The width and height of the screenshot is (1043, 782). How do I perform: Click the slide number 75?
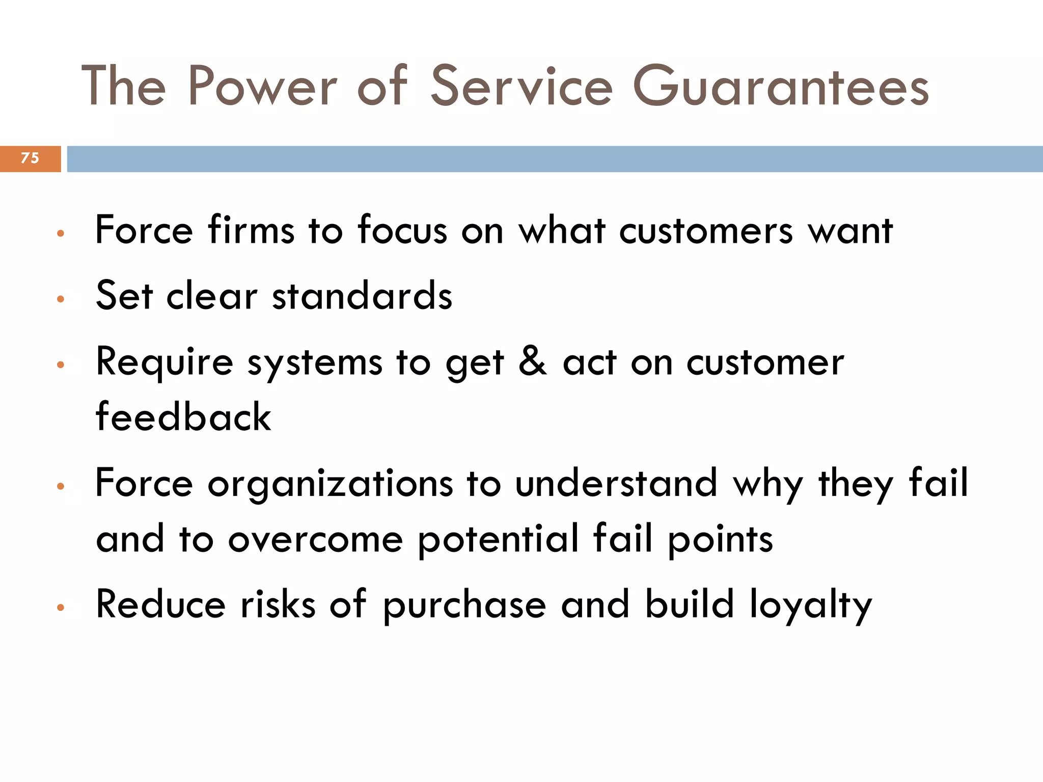(30, 158)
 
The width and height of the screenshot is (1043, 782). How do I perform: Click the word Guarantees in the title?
(781, 87)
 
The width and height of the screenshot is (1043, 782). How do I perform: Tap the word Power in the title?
(263, 87)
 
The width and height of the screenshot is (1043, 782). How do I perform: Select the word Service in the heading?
(521, 87)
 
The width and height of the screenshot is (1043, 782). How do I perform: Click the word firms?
(251, 230)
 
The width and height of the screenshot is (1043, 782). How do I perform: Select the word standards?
(362, 296)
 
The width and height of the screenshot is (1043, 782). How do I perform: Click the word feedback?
(183, 417)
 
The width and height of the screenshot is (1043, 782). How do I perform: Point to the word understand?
(616, 484)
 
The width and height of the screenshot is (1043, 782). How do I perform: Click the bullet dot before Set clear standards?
(61, 299)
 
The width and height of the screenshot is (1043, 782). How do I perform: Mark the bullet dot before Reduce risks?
(61, 607)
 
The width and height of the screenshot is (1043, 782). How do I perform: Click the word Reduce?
(160, 605)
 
